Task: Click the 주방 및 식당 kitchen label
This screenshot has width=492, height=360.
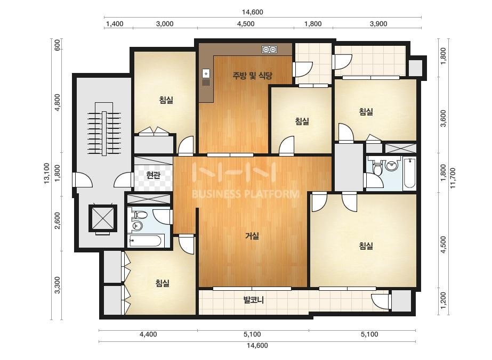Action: pos(252,75)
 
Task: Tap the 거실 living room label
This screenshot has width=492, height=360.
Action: pos(252,235)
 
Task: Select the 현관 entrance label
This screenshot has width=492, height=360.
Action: pos(154,175)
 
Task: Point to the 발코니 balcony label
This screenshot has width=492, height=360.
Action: pos(254,300)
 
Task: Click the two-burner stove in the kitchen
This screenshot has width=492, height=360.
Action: pos(270,49)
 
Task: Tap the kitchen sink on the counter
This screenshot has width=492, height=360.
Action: pos(206,77)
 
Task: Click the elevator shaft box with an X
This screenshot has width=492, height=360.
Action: pos(103,218)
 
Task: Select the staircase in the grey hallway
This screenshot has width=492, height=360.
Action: pos(104,128)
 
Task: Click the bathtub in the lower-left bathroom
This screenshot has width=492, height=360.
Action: pos(146,241)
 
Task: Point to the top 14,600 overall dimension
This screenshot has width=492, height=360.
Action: pos(252,12)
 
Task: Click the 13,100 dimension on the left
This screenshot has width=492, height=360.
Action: pos(47,173)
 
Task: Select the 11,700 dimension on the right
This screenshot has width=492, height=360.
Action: pos(453,178)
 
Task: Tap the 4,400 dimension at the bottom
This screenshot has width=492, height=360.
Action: pos(148,334)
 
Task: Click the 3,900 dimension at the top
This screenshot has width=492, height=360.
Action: pos(378,24)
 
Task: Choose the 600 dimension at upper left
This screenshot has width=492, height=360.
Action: pos(58,46)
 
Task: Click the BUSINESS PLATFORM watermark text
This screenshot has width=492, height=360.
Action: pos(245,194)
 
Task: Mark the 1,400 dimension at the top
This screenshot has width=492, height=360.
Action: pos(115,24)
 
